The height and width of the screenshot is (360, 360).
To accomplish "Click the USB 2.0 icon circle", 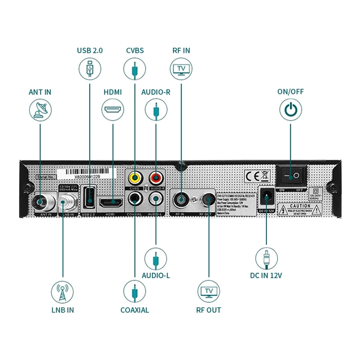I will click(89, 69).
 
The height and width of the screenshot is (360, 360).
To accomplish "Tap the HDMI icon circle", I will click(113, 110).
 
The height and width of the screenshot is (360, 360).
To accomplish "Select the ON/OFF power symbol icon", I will click(290, 110).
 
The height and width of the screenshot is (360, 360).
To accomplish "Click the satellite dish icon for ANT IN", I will click(40, 110).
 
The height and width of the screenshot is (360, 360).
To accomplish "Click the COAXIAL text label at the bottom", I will click(134, 310).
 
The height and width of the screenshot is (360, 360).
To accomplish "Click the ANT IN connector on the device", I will click(40, 201).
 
